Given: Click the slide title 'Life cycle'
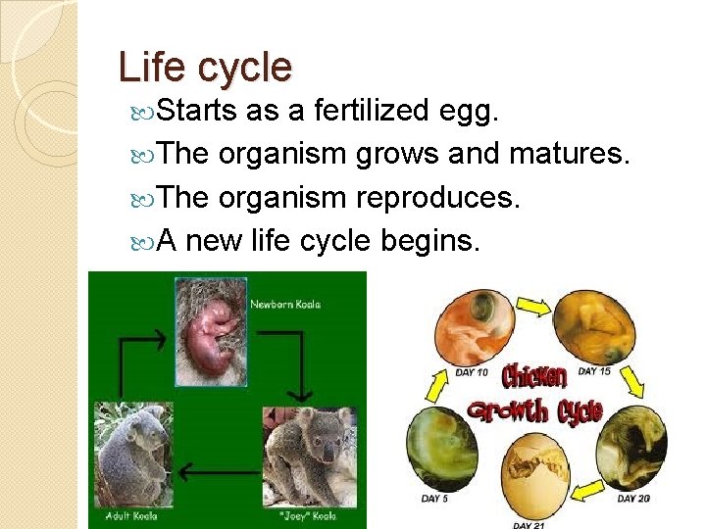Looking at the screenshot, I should coord(204,67).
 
